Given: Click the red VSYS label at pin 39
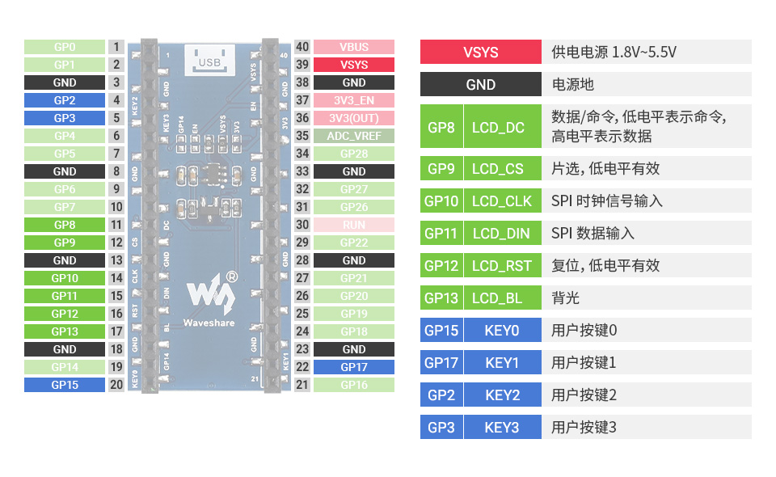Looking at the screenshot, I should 353,65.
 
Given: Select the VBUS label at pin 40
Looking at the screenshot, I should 353,47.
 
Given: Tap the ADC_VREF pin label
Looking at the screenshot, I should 353,136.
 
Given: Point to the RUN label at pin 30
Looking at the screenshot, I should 353,225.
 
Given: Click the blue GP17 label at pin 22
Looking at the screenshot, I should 353,367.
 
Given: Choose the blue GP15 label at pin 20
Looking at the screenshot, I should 65,385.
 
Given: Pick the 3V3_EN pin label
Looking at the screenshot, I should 353,100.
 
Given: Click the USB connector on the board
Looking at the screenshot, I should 209,60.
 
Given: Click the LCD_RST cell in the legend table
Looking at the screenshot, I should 502,265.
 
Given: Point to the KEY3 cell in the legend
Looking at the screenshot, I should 502,427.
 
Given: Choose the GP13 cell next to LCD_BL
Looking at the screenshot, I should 441,298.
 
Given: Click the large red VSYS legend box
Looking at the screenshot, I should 481,53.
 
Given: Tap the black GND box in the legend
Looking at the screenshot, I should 481,85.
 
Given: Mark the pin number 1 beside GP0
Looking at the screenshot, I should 116,47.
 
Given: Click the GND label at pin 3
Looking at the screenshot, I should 65,82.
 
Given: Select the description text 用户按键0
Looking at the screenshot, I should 584,330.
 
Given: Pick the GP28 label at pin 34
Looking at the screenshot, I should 353,154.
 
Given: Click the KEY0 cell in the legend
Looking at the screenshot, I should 502,330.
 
